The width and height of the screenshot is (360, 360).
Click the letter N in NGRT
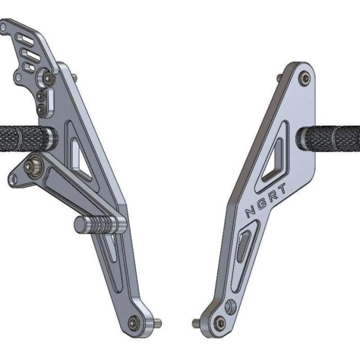[x=250, y=211]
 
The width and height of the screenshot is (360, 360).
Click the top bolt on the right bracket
[x=305, y=78]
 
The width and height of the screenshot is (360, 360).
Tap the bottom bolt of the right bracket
[x=220, y=323]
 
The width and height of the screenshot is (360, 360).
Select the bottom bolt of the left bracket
[x=135, y=322]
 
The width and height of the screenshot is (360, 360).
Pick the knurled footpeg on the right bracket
[x=332, y=138]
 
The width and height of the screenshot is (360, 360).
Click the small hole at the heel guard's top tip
[x=4, y=27]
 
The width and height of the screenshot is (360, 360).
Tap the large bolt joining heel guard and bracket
[x=48, y=78]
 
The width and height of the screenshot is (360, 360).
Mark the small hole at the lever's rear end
[x=14, y=179]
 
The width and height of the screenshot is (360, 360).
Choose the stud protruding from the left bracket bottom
[x=157, y=323]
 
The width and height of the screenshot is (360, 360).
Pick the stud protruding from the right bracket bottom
[x=196, y=323]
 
